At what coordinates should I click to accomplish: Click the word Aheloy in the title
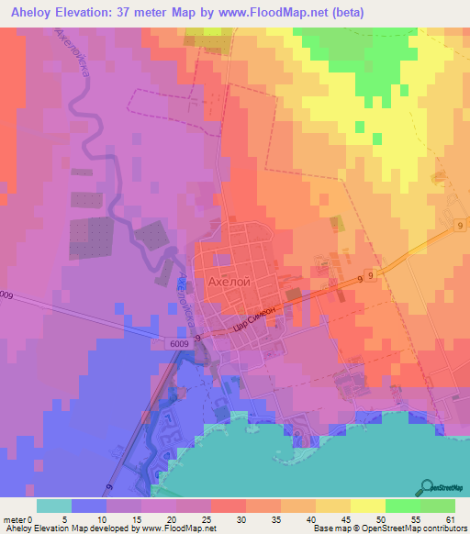click(30, 13)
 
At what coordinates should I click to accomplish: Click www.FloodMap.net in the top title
click(280, 13)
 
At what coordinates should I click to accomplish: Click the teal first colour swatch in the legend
click(54, 506)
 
